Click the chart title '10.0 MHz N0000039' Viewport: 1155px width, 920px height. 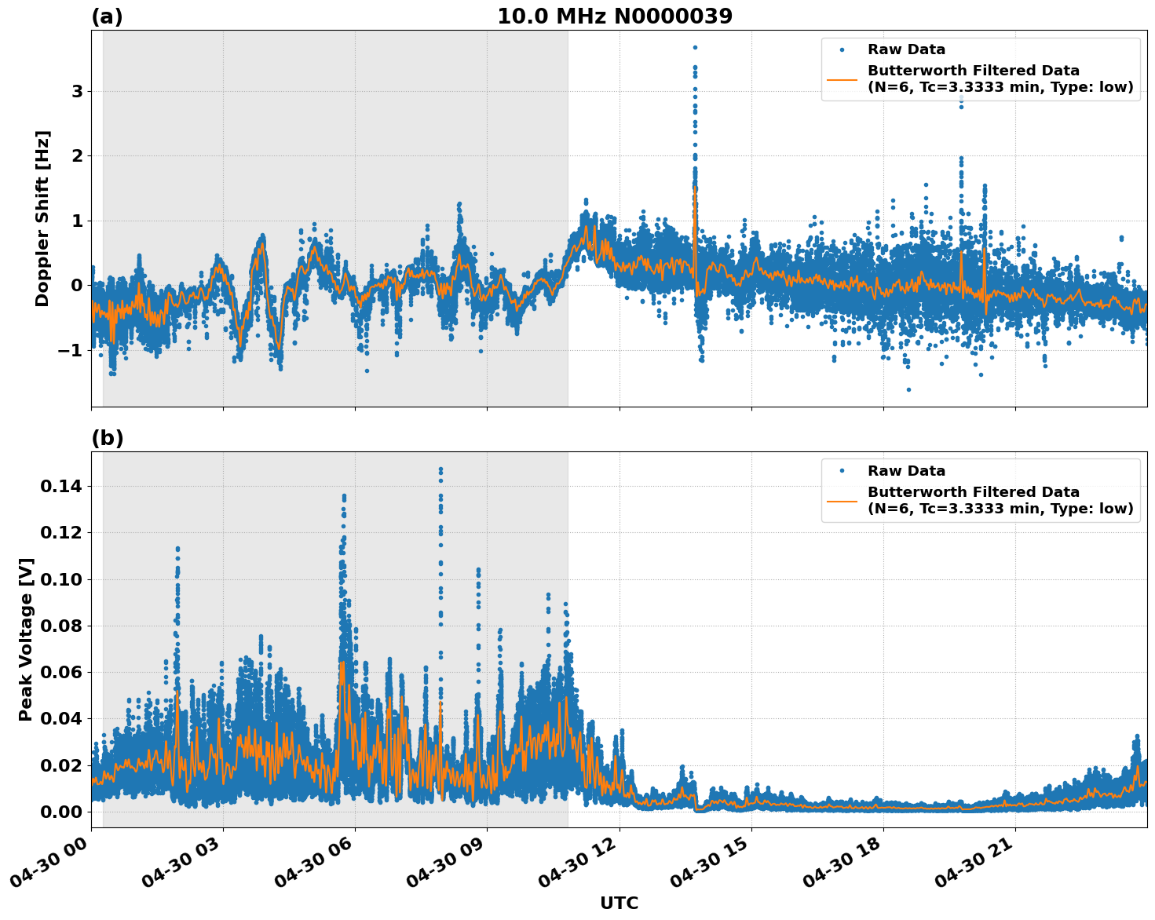tap(614, 16)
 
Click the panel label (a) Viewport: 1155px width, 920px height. tap(107, 16)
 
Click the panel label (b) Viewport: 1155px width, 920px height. tap(107, 438)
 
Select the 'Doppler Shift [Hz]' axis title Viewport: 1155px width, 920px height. tap(42, 218)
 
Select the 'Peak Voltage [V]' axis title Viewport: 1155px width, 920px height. tap(26, 639)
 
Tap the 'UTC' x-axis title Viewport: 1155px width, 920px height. tap(619, 903)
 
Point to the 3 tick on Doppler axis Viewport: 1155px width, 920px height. tap(77, 92)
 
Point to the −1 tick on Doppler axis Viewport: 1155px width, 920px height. tap(70, 350)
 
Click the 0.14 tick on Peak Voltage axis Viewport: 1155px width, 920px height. tap(61, 487)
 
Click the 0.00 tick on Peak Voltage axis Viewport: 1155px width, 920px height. tap(61, 812)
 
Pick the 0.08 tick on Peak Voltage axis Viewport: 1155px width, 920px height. tap(61, 626)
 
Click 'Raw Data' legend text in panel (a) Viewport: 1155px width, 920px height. tap(906, 50)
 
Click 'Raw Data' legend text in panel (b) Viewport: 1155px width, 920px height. tap(906, 471)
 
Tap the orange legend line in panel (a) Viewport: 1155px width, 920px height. tap(842, 78)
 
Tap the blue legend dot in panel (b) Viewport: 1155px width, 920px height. tap(842, 471)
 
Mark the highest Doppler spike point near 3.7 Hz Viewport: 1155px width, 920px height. tap(695, 48)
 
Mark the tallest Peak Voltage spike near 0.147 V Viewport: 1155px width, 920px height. tap(440, 469)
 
